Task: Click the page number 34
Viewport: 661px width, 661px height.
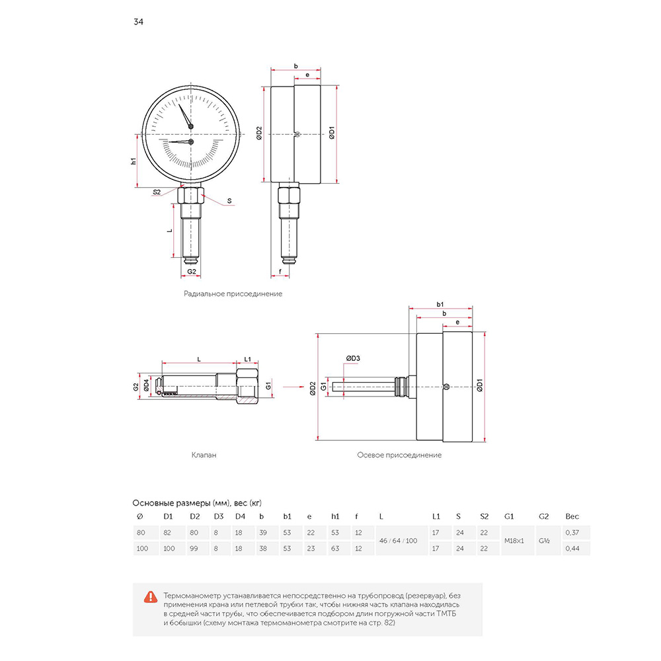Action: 138,22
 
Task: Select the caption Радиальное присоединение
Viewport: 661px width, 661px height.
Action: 233,294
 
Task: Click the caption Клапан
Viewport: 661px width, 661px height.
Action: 204,455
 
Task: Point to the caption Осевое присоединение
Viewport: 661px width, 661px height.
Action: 399,455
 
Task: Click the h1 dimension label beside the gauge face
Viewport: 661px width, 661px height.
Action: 134,161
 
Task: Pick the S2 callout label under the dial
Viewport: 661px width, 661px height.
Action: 157,192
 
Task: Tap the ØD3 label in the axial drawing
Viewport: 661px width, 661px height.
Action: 353,358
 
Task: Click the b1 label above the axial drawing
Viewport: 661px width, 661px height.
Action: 440,304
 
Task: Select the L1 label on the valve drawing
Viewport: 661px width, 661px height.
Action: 247,359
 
